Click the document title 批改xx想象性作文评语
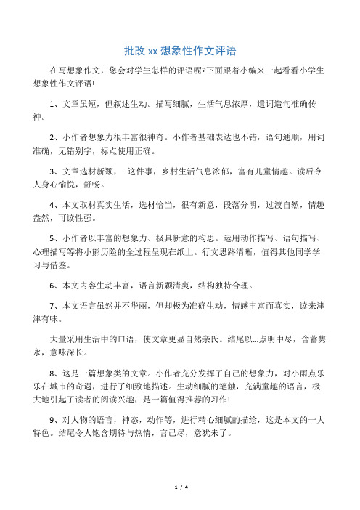(179, 51)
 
